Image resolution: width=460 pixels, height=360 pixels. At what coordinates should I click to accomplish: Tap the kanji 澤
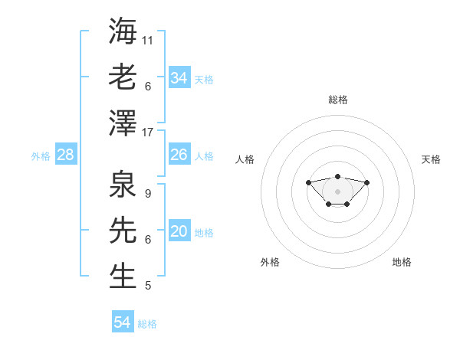(123, 122)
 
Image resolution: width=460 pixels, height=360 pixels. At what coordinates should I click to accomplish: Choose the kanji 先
(123, 229)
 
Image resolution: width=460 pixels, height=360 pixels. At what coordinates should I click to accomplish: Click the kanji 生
(123, 275)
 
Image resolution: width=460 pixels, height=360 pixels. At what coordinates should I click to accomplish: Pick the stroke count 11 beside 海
(148, 39)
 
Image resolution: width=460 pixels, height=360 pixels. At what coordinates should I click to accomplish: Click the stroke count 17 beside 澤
(148, 132)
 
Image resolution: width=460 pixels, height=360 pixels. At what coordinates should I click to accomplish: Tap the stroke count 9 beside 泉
(147, 193)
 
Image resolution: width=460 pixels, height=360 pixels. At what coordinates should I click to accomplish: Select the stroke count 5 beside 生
(147, 286)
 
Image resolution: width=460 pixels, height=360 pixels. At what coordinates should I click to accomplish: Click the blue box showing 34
(179, 78)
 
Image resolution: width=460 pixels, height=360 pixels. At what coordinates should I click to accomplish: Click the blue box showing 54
(123, 323)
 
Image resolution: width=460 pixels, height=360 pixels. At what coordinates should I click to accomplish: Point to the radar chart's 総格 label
(337, 100)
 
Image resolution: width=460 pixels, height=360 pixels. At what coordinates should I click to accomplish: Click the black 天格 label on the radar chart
(431, 159)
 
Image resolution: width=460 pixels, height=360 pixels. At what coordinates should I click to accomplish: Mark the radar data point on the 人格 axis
(308, 182)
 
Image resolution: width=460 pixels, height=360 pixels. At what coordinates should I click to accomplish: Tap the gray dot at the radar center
(337, 191)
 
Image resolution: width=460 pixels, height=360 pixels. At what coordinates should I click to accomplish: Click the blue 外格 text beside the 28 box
(41, 156)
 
